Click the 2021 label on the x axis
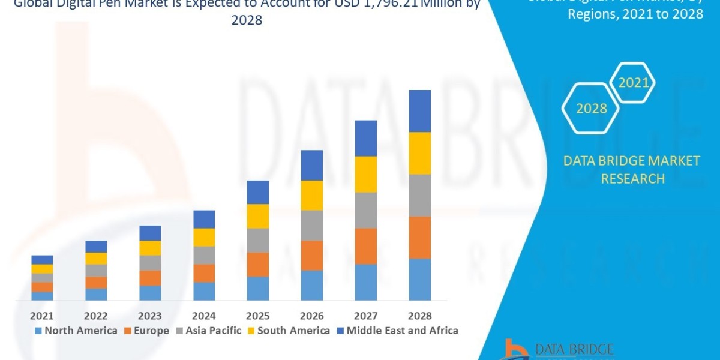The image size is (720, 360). click(x=42, y=316)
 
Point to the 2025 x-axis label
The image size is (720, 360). click(x=258, y=316)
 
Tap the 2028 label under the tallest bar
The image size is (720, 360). click(x=419, y=316)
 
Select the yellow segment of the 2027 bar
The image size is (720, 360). click(x=365, y=174)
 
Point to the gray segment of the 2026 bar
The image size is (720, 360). click(x=311, y=225)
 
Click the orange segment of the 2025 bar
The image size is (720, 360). click(x=258, y=264)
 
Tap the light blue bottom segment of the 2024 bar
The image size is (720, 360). click(x=204, y=291)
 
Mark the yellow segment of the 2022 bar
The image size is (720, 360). click(x=96, y=258)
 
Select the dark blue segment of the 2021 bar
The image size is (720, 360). click(x=42, y=260)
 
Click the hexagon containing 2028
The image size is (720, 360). click(x=591, y=109)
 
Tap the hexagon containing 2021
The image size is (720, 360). click(x=633, y=82)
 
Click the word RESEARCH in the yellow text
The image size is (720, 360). click(x=632, y=179)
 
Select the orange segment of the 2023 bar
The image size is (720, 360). click(x=150, y=278)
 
